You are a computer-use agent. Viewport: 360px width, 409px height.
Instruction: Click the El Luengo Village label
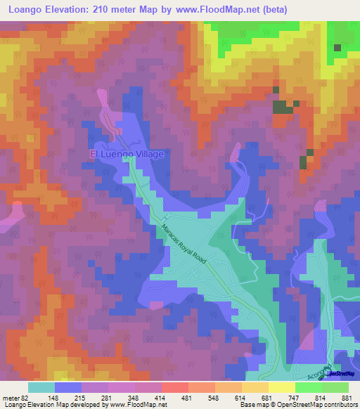(x=126, y=154)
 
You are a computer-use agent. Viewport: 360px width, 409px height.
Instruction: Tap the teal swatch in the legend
(x=41, y=387)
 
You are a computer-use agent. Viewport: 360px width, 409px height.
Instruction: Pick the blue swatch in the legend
(x=68, y=387)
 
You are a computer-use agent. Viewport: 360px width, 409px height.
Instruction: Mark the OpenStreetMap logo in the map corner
(x=339, y=373)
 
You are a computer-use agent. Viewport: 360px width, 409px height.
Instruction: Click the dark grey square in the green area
(x=337, y=48)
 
